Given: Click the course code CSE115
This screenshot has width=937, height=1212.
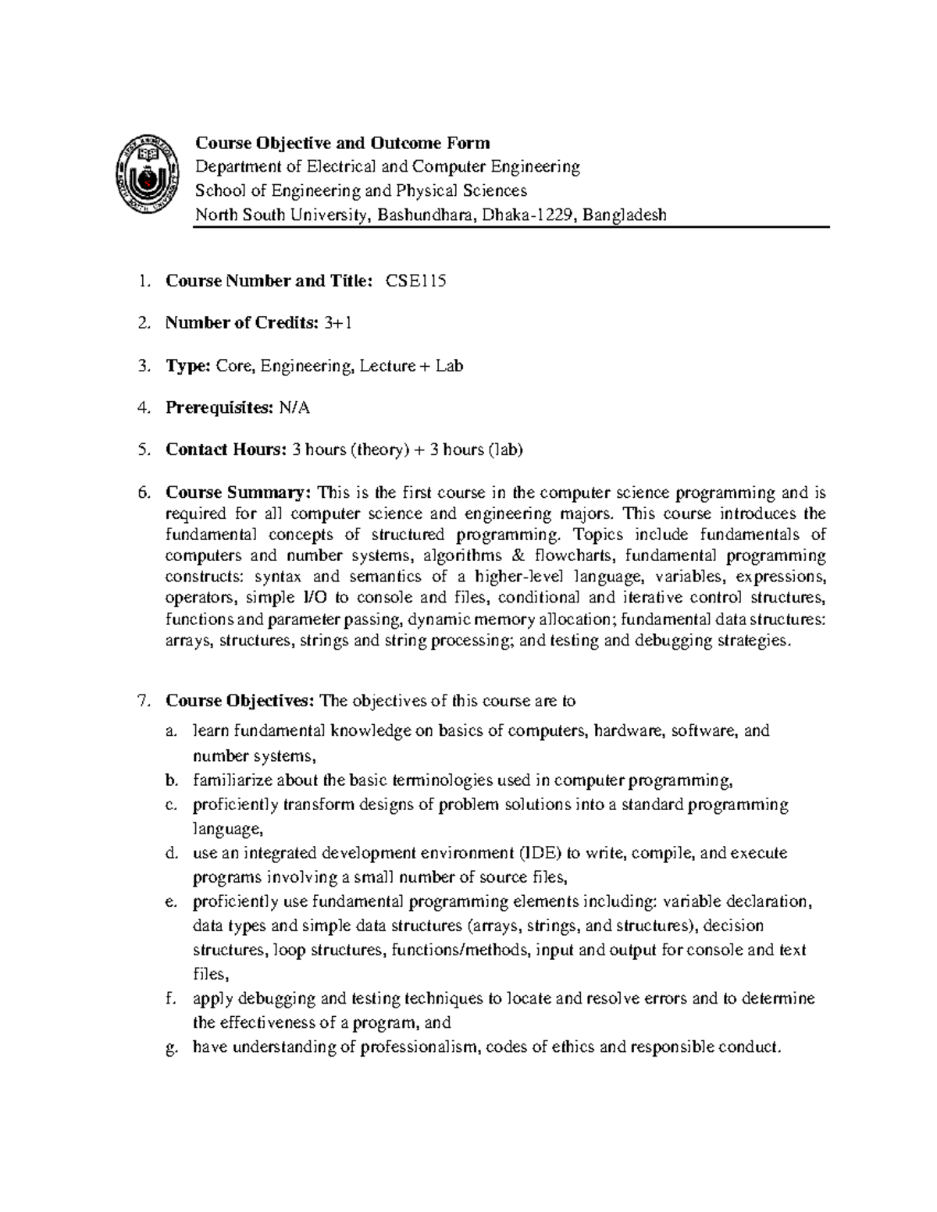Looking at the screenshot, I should [415, 282].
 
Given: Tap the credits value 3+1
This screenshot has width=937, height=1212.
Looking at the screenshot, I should [337, 323].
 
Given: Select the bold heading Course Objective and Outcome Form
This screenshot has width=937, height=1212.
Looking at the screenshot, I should [342, 143].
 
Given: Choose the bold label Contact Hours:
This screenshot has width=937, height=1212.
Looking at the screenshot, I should [226, 450].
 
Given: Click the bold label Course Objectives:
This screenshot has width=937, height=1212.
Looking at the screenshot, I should [240, 701].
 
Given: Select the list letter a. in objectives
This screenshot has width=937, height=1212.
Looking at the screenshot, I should [171, 731].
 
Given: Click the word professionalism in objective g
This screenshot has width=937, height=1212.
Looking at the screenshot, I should [419, 1047].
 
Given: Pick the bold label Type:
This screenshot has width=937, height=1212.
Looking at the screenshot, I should [187, 365].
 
